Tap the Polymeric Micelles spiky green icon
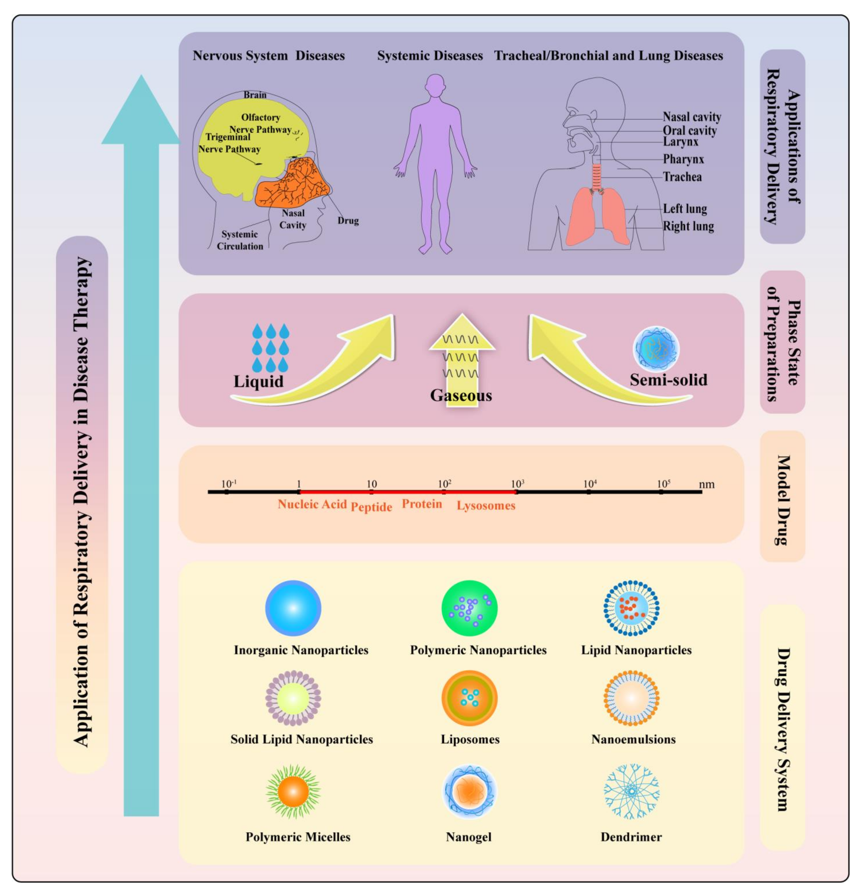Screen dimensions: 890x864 coord(293,791)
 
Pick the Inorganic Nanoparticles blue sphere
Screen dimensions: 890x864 coord(293,608)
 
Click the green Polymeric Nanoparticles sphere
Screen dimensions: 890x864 coord(469,608)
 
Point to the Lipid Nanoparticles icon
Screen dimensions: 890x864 coord(631,608)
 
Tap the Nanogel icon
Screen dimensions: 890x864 coord(469,791)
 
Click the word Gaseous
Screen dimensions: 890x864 coord(461,395)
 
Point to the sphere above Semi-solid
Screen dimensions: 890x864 coord(656,349)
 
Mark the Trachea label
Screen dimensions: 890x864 coord(682,177)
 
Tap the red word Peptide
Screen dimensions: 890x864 coord(371,507)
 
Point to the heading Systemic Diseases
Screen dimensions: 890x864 coord(430,56)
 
